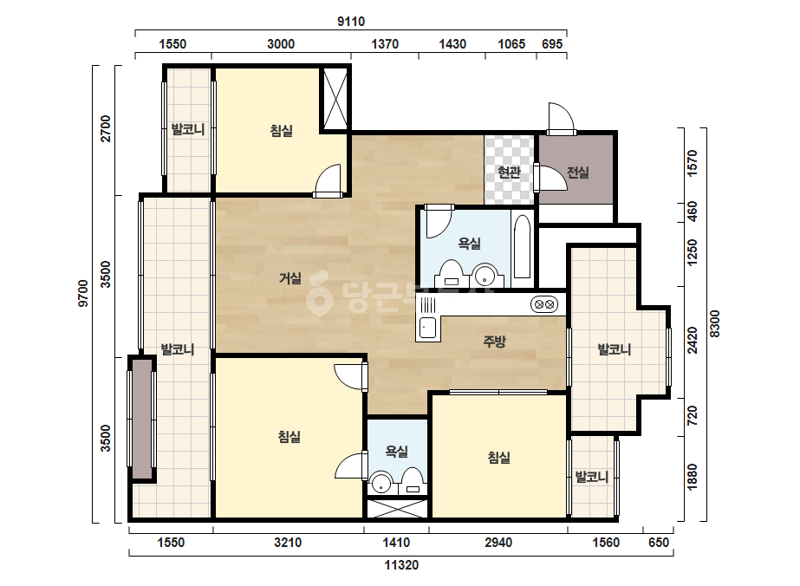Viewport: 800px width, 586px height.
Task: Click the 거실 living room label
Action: [x=289, y=278]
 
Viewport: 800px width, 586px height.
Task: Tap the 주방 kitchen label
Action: [x=494, y=341]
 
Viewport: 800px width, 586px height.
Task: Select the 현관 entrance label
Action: [x=509, y=172]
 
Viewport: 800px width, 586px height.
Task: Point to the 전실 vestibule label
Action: [x=577, y=172]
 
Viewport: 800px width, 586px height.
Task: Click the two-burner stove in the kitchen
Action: [x=543, y=305]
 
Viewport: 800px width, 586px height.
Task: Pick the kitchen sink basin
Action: [x=427, y=328]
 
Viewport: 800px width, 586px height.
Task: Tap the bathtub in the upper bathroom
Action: [x=523, y=246]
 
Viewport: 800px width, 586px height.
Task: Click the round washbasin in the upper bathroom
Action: [x=485, y=276]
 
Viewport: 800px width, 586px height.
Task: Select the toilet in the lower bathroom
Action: [x=412, y=481]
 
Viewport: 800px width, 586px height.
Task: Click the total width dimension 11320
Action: [x=401, y=565]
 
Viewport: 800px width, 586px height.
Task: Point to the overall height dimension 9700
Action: [x=83, y=294]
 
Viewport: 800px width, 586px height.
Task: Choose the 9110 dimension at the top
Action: [x=351, y=22]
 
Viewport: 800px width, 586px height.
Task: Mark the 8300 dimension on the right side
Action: [x=715, y=323]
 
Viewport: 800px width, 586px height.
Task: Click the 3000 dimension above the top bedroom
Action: [x=281, y=44]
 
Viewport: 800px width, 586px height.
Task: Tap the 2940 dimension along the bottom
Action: [x=498, y=542]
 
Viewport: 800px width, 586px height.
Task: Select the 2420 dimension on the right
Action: [x=692, y=340]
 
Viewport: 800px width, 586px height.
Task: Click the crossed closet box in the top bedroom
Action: [x=335, y=100]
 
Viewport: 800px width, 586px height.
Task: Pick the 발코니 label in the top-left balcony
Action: [x=188, y=129]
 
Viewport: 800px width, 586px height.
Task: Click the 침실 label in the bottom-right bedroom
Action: [x=498, y=458]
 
